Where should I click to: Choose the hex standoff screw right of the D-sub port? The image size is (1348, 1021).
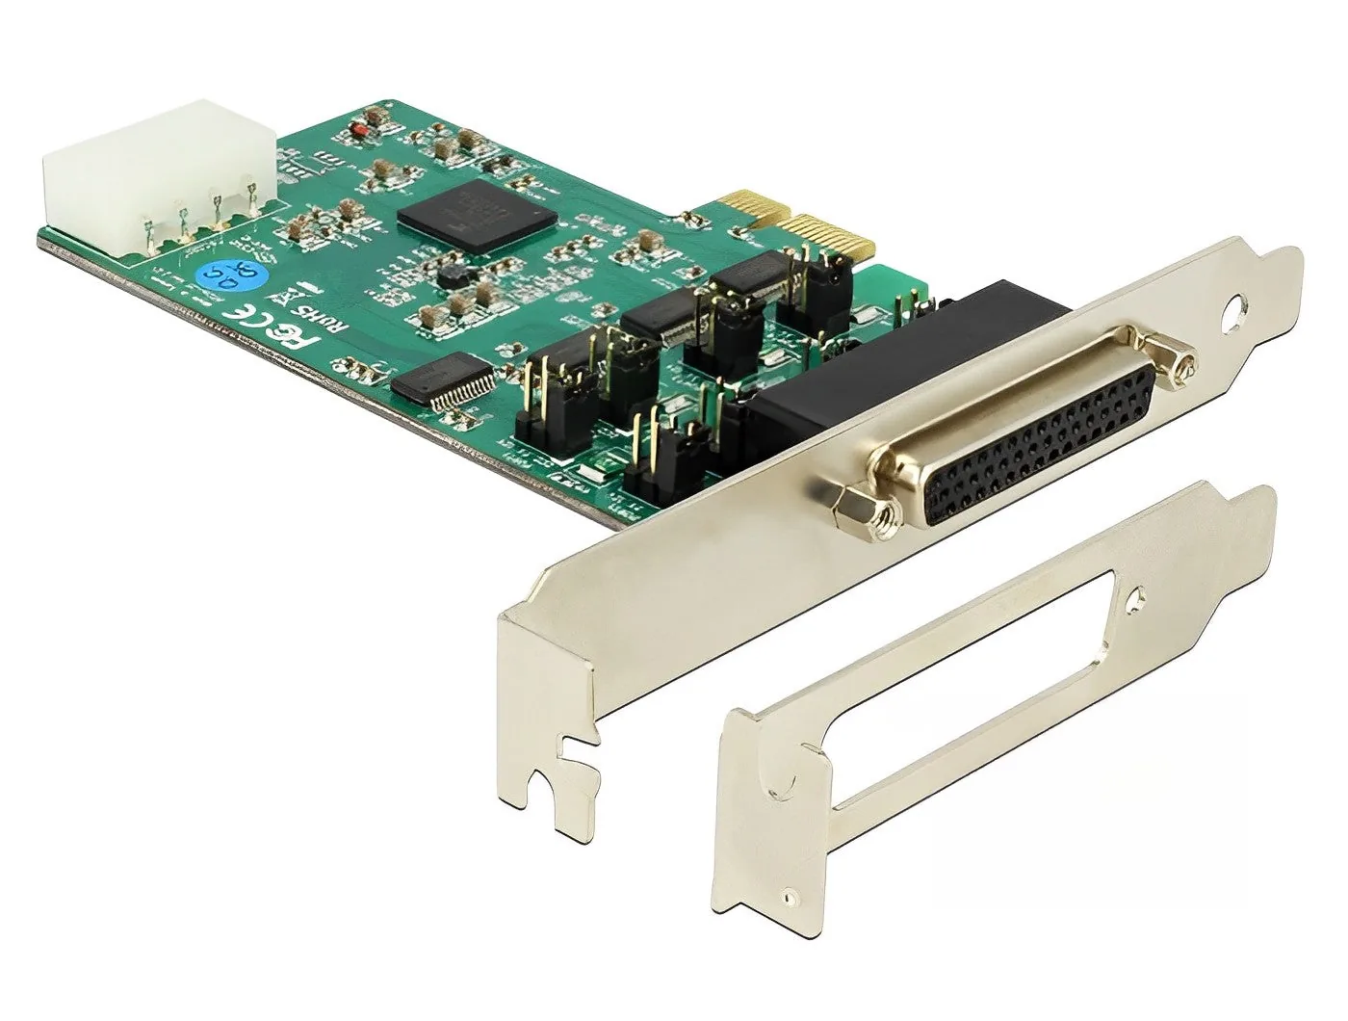[x=1182, y=365]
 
